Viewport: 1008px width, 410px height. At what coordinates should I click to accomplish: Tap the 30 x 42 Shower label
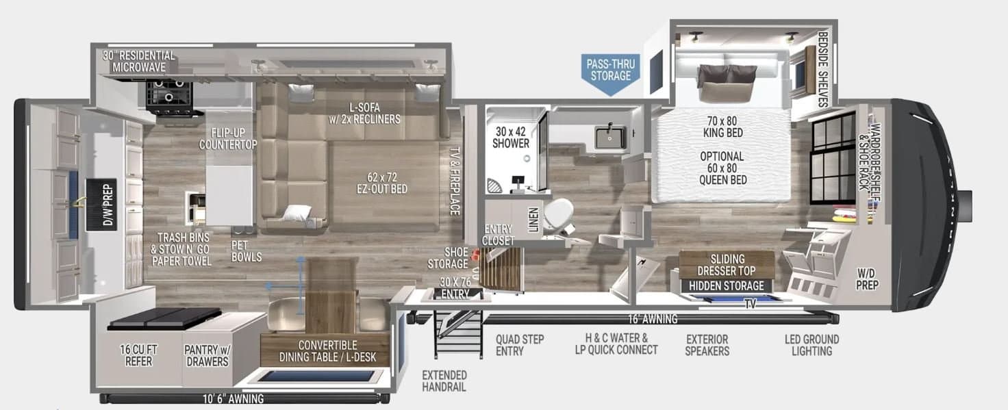point(511,138)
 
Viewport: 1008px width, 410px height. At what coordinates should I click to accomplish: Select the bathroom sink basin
point(609,137)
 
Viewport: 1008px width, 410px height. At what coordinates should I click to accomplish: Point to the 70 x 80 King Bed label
point(722,127)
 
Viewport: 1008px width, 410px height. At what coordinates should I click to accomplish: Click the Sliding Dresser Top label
point(727,265)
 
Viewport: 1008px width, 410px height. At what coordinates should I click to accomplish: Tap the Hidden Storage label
point(727,285)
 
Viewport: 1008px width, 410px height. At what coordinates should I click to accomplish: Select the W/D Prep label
point(867,279)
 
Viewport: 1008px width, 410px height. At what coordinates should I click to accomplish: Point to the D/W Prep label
point(108,205)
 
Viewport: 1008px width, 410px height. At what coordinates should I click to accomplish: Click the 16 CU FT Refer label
point(138,356)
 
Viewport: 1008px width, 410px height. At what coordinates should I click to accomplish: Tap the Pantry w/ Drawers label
point(207,356)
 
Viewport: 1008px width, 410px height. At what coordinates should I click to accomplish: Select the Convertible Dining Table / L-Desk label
point(327,351)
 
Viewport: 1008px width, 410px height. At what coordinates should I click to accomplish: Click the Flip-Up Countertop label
point(228,138)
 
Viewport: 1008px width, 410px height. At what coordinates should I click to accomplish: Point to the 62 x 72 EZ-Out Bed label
point(382,183)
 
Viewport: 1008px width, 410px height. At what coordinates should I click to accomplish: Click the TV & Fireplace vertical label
point(455,181)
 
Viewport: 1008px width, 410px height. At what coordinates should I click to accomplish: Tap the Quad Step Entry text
point(520,345)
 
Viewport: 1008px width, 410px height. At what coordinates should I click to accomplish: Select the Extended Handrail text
point(444,381)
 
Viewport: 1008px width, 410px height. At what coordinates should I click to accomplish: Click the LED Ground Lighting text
point(811,345)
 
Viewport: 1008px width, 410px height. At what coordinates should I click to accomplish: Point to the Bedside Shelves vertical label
point(823,68)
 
